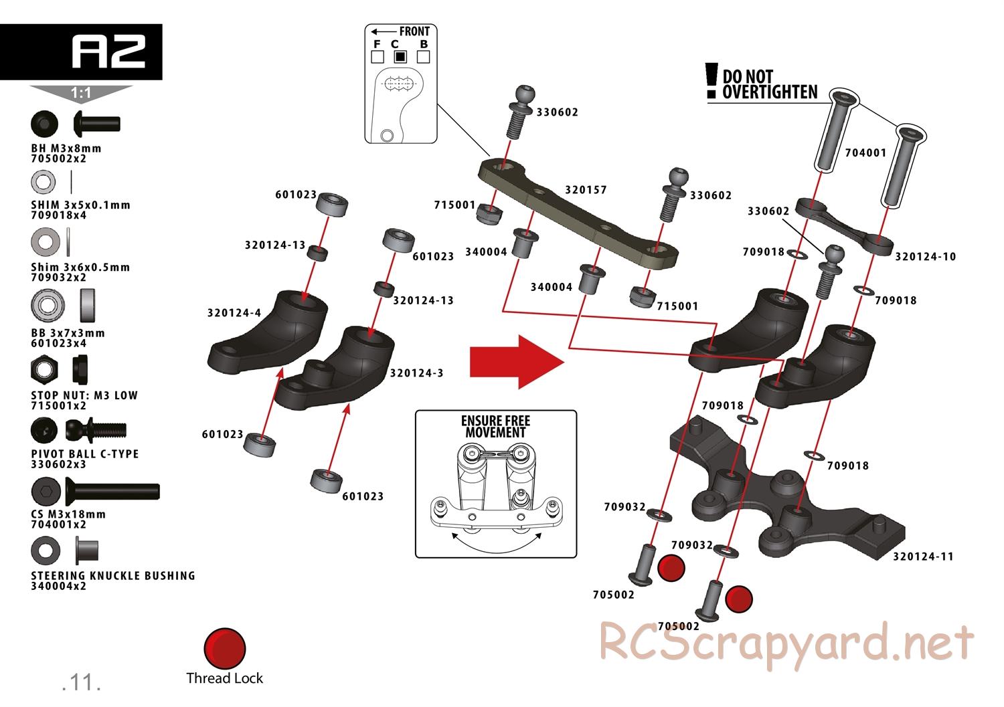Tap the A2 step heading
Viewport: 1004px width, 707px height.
[108, 52]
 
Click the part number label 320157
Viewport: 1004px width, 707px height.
[586, 189]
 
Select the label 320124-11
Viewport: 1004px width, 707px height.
[923, 556]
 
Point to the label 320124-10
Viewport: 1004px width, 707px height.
[926, 256]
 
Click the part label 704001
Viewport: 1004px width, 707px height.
[865, 153]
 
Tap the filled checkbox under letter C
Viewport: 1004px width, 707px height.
[400, 57]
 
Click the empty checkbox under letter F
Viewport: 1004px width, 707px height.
[377, 57]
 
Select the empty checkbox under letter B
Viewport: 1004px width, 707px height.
[423, 57]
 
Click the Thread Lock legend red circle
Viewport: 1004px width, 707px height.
[225, 648]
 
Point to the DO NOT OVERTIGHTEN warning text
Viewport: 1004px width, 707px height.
[770, 84]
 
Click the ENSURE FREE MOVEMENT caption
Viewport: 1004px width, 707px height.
[495, 427]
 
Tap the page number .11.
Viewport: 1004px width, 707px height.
[81, 682]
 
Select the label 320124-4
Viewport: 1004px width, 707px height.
[234, 312]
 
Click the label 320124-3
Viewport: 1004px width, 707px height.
[416, 373]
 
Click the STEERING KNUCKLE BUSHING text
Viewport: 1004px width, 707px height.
[113, 575]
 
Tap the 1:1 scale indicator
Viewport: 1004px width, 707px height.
[81, 94]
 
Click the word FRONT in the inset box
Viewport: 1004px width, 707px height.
[414, 31]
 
